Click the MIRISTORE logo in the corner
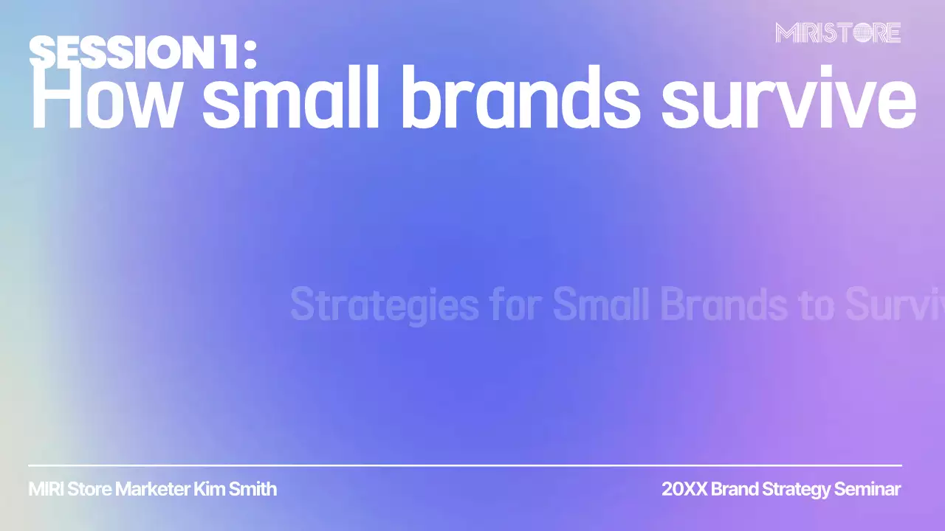click(838, 33)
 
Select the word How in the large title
click(104, 100)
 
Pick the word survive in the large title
click(788, 100)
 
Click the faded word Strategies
click(384, 305)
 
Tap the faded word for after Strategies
click(515, 305)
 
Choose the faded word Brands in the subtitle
click(724, 305)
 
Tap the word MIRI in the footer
click(46, 489)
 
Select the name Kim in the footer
click(209, 489)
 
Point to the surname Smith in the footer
click(253, 489)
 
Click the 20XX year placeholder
click(684, 489)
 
